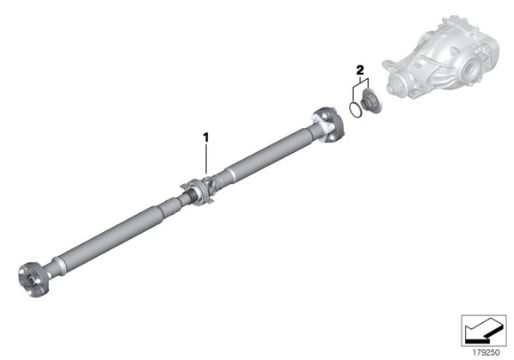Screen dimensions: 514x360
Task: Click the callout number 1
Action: click(x=206, y=137)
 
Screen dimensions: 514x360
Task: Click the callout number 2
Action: click(x=360, y=70)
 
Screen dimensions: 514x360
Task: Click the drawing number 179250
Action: click(x=486, y=352)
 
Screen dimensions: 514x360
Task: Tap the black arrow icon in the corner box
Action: click(x=483, y=331)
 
